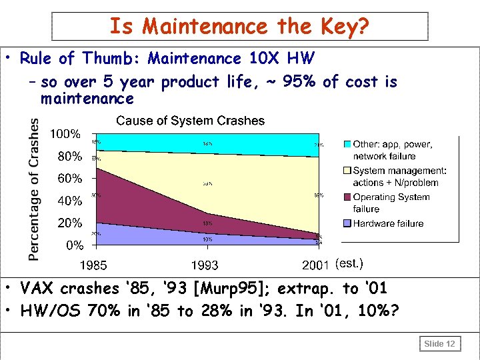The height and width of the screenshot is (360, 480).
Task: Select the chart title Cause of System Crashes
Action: (x=190, y=121)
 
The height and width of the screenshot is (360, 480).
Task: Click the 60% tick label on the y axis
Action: (x=69, y=178)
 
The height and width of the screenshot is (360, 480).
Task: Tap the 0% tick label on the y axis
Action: (x=74, y=245)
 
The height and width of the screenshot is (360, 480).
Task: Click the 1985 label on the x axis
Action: (x=94, y=265)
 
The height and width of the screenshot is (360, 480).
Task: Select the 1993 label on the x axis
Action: (x=205, y=265)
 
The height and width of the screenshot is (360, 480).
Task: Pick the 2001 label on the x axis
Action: (x=315, y=265)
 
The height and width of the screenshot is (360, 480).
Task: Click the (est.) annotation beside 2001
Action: (x=349, y=263)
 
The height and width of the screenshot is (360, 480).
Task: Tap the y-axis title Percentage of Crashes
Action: (x=33, y=189)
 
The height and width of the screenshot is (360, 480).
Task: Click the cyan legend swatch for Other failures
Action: (x=347, y=144)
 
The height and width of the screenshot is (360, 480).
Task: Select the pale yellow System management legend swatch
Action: (x=347, y=171)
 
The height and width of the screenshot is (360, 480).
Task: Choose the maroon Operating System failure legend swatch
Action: (x=347, y=197)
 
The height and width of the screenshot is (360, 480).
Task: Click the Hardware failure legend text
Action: (x=388, y=223)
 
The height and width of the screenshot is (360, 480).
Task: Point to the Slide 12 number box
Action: (x=439, y=343)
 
